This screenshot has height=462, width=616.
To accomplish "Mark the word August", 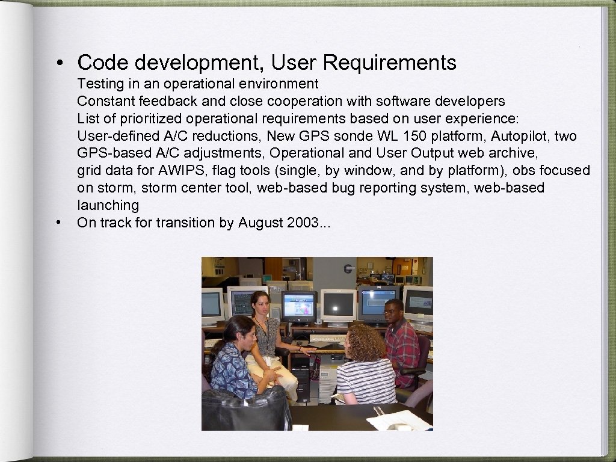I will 259,223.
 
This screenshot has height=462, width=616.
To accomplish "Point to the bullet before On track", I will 59,223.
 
